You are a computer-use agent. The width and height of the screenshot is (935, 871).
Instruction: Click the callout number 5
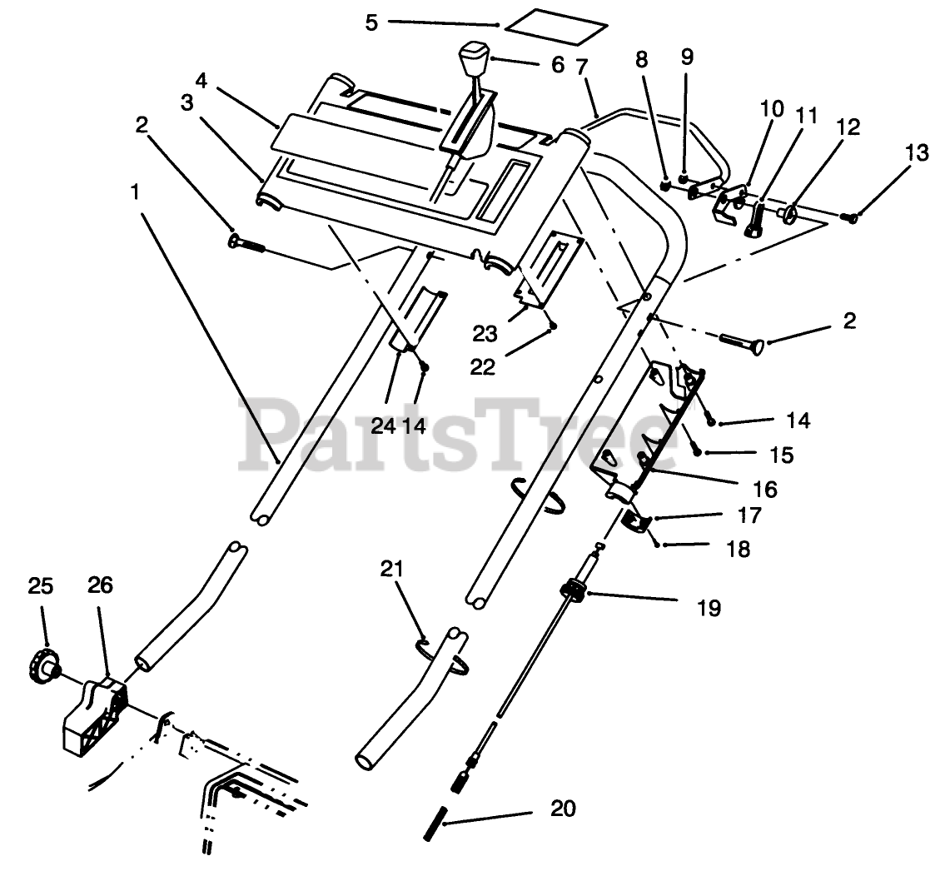[371, 22]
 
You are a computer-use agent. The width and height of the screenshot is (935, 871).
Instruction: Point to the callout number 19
[709, 608]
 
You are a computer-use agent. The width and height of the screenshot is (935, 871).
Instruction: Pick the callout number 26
[100, 587]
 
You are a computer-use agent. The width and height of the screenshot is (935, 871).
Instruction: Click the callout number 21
[391, 569]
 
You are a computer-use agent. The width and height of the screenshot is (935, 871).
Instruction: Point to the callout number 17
[749, 515]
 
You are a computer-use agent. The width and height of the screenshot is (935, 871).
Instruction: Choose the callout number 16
[764, 488]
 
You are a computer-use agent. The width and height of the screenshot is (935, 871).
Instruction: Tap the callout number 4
[201, 82]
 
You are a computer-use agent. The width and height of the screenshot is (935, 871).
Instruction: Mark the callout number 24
[383, 426]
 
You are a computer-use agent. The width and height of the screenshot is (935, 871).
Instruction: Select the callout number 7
[582, 64]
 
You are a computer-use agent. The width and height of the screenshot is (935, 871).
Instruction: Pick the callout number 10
[772, 107]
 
